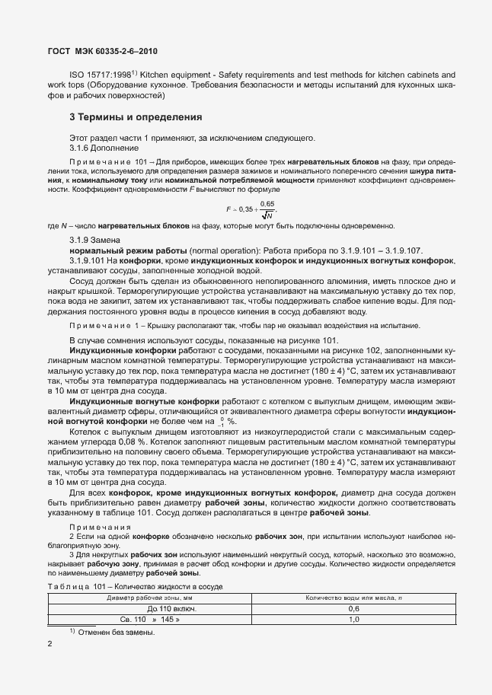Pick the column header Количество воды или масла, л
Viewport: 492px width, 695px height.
353,598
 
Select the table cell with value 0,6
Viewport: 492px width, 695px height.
353,609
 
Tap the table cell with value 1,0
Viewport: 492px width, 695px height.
353,620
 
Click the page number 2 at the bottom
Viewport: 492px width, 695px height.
50,645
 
